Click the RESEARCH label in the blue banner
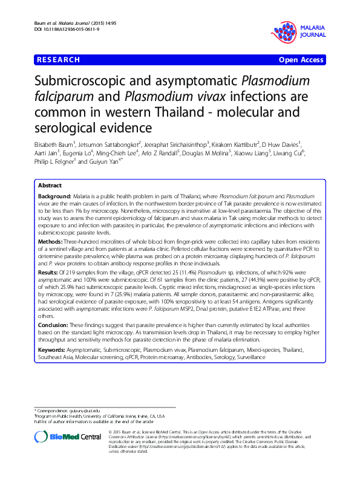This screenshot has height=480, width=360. [x=58, y=60]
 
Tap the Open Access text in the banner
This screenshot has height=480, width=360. [x=302, y=60]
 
